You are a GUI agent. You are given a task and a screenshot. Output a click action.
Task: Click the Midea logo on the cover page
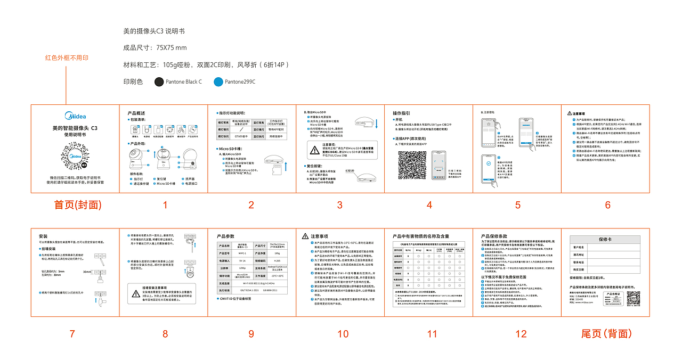pos(75,115)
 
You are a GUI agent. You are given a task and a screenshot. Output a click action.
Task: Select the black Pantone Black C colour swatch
pos(159,82)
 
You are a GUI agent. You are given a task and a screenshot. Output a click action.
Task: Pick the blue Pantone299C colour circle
pos(218,82)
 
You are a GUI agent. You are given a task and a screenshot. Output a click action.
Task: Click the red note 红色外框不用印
pos(67,58)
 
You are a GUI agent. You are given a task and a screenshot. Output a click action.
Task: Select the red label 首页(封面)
pos(78,205)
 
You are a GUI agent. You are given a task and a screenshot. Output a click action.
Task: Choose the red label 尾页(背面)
pos(606,334)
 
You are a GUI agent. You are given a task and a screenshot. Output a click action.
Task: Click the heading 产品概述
pos(136,113)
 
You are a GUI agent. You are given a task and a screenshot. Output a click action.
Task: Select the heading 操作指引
pos(401,113)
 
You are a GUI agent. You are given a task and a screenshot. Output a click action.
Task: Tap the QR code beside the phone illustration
pos(412,165)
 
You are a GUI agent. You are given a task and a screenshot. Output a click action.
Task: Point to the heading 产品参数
pos(226,236)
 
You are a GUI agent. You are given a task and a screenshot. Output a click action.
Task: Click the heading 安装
pos(43,236)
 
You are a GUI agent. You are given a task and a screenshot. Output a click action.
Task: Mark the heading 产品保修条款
pos(494,236)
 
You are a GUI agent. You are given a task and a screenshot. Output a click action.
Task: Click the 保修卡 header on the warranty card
pos(606,239)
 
